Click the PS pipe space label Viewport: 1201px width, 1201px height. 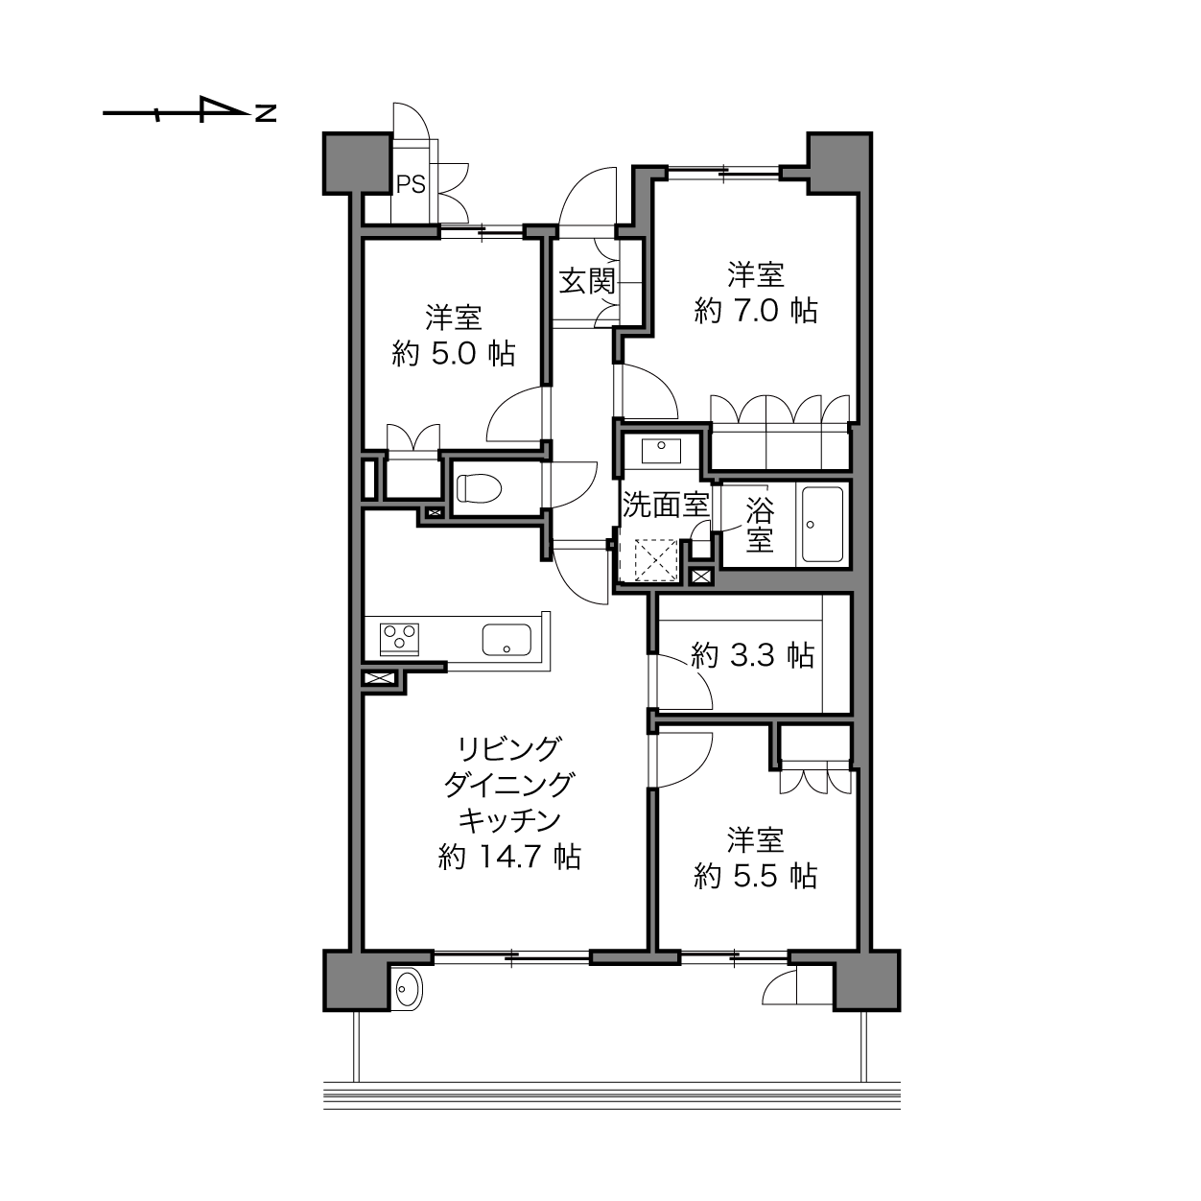coord(411,184)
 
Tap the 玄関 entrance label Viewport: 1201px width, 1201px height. coord(586,281)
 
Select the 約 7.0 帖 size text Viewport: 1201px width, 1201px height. coord(755,310)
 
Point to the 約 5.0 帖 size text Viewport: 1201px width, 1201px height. coord(453,354)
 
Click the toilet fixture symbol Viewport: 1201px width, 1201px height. coord(479,488)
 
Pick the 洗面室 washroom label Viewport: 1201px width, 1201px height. coord(667,505)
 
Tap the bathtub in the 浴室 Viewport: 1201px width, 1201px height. coord(822,524)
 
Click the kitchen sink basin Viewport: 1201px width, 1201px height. coord(506,640)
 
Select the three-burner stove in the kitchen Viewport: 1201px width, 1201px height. coord(399,640)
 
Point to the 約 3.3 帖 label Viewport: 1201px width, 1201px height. coord(752,655)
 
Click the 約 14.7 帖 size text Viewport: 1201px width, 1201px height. coord(509,858)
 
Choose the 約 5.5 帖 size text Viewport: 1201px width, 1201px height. coord(755,876)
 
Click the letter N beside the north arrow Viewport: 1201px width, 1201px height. coord(266,113)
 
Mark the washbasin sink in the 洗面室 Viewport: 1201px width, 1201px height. coord(661,450)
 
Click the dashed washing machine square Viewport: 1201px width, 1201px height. coord(655,559)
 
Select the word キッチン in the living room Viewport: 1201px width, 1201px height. coord(509,821)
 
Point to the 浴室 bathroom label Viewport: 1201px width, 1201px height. coord(761,525)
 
